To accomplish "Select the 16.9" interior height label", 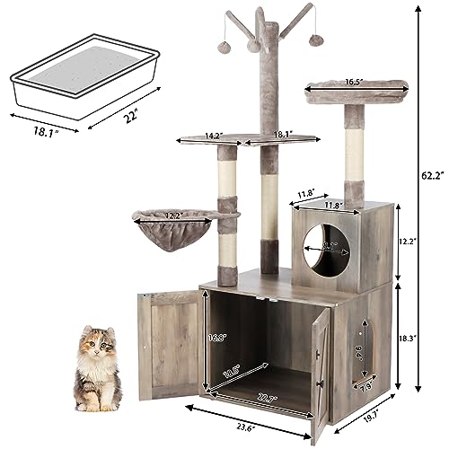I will (x=215, y=338).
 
